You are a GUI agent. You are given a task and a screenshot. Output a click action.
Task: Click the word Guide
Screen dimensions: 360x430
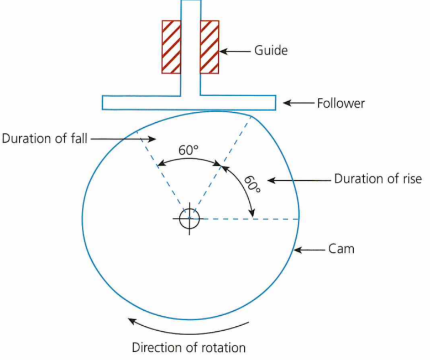click(271, 51)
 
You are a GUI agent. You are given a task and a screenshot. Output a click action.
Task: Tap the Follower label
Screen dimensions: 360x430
click(340, 103)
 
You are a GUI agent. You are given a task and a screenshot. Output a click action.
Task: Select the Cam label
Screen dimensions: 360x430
click(341, 249)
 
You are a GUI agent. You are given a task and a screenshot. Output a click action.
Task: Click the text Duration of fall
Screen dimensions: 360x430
click(45, 138)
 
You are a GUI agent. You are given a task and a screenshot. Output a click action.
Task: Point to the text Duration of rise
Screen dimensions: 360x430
click(378, 179)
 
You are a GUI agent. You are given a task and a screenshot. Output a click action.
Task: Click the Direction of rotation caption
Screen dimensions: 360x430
click(188, 348)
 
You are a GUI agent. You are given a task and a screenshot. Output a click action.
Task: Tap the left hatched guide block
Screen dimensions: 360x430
click(171, 47)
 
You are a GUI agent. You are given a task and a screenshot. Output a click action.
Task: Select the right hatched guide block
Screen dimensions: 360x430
click(209, 47)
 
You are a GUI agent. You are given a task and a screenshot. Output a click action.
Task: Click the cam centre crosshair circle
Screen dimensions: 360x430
click(190, 218)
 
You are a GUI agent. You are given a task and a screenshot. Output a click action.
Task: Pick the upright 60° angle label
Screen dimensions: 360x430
click(188, 150)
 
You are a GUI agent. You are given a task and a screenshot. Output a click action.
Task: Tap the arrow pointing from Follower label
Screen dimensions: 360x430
click(298, 103)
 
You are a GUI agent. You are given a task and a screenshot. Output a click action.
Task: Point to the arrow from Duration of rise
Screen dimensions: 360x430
click(298, 180)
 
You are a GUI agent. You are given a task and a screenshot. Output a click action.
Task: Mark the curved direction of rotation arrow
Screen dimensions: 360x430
click(188, 329)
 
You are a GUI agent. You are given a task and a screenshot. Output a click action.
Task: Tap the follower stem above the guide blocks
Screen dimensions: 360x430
click(190, 10)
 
